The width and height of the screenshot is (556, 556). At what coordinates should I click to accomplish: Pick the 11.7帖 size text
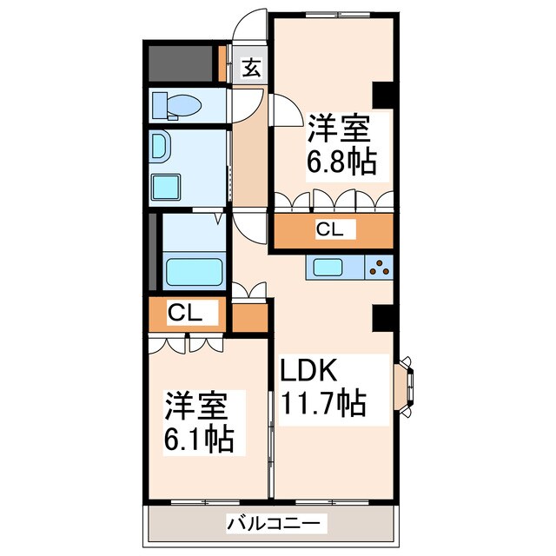tap(321, 405)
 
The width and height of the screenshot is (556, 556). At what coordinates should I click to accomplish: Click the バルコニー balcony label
tap(265, 524)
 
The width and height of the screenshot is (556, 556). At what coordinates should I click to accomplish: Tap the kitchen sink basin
tap(330, 268)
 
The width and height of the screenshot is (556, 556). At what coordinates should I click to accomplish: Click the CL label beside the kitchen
tap(329, 230)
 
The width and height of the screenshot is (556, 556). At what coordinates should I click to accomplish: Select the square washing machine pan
tap(166, 187)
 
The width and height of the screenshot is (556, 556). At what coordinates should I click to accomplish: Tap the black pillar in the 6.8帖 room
tap(382, 93)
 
